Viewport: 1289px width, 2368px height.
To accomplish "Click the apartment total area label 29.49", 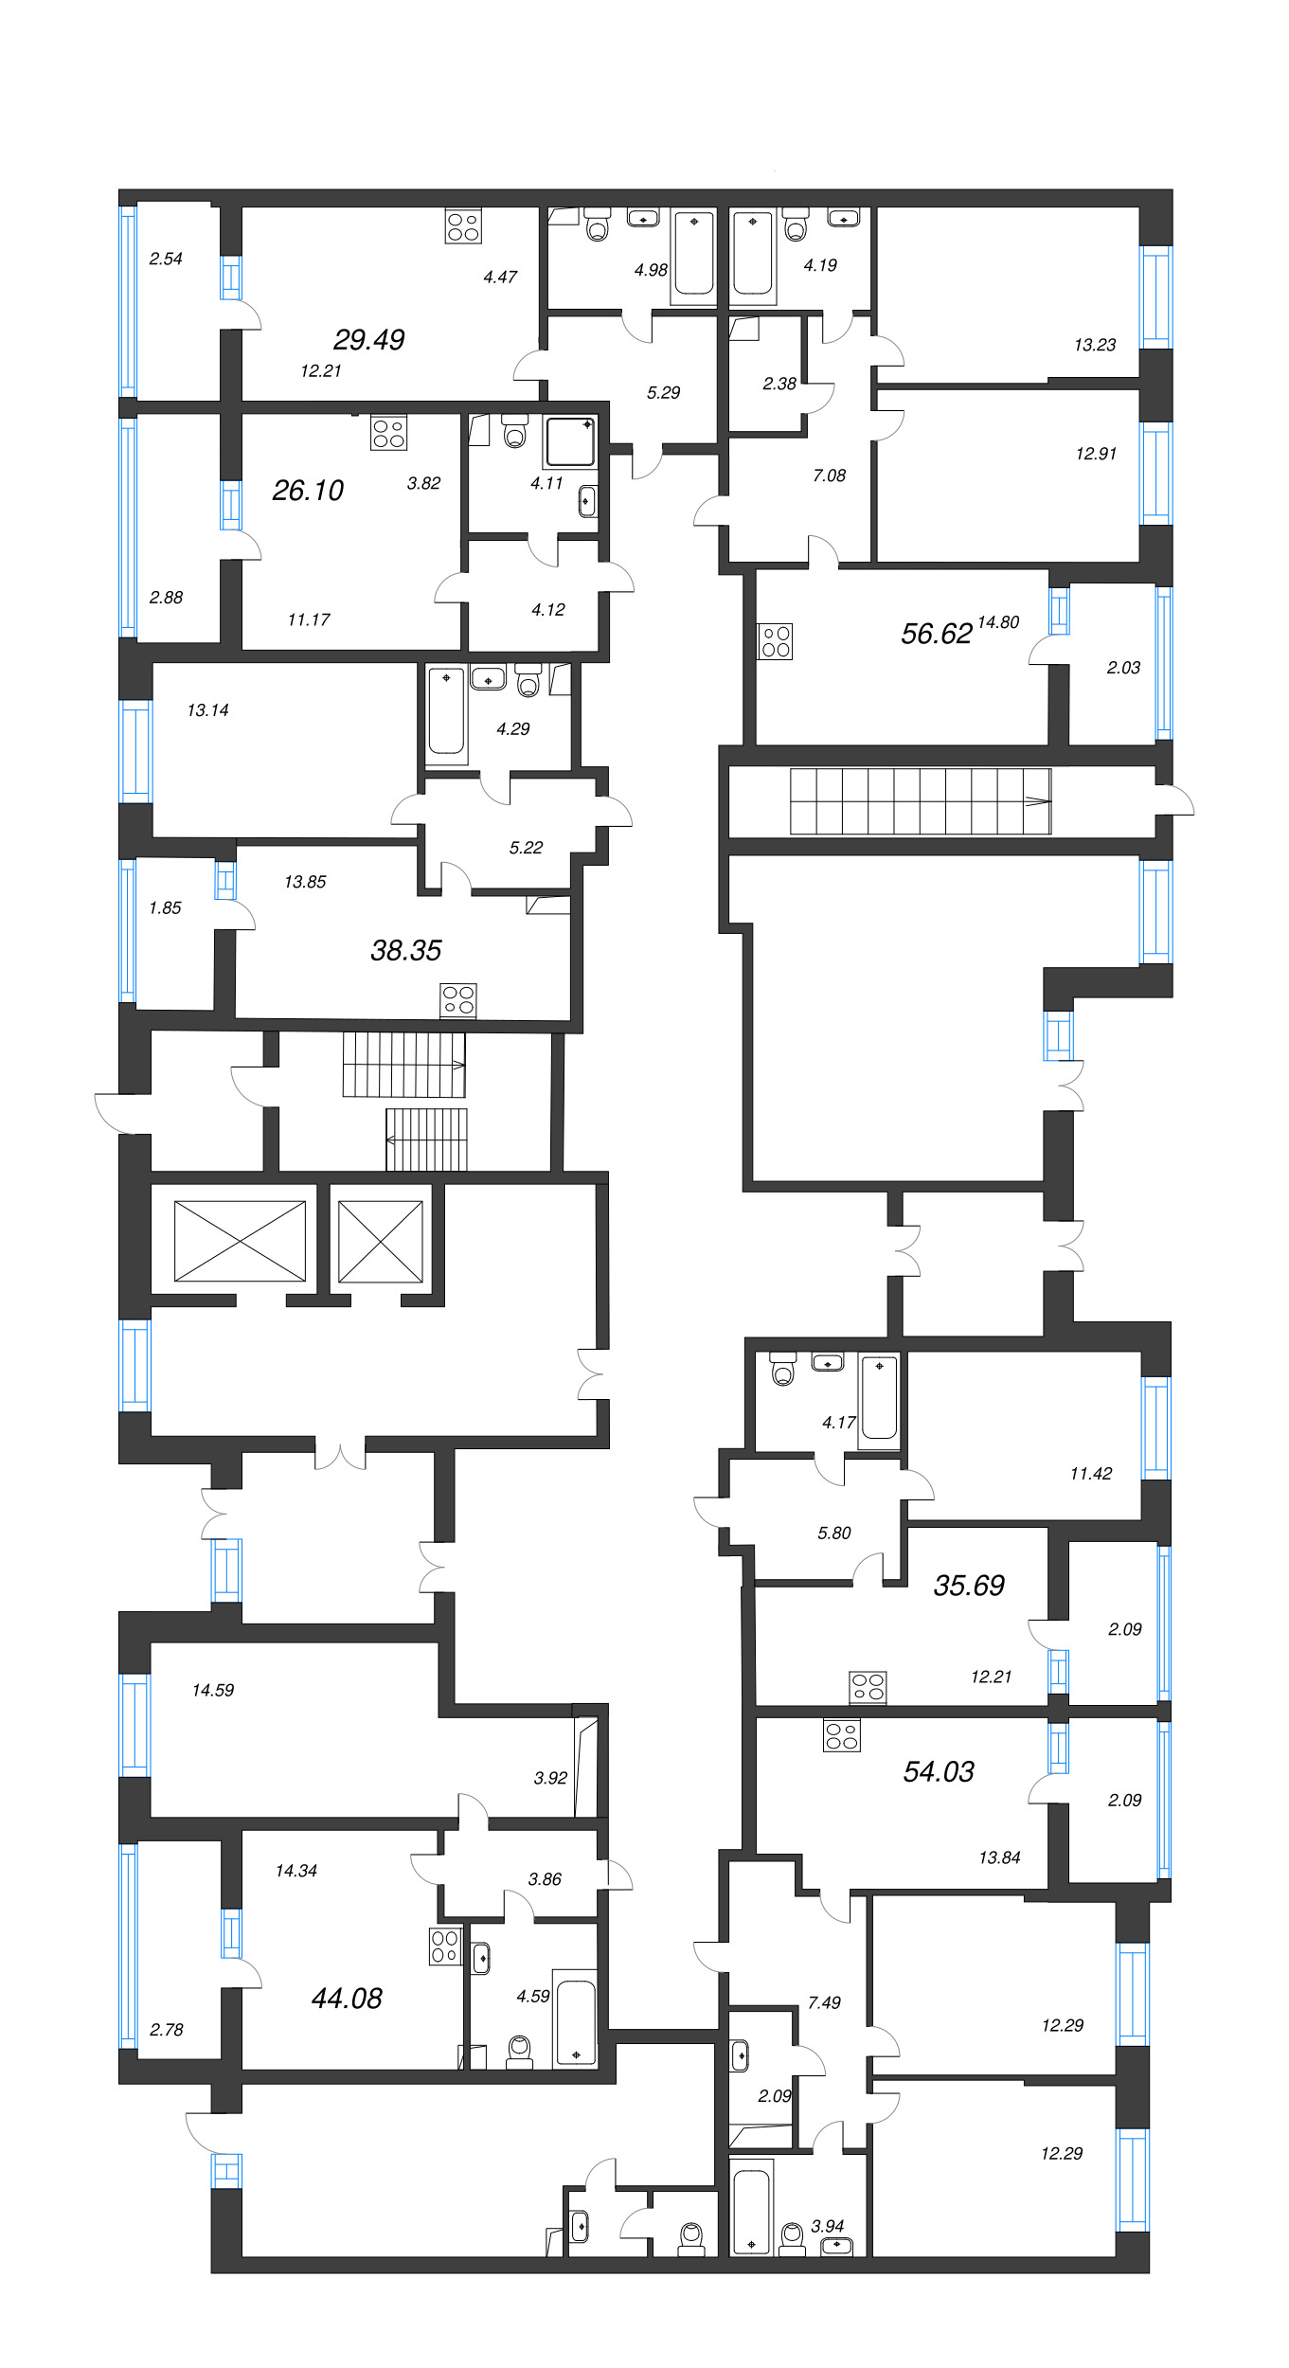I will point(368,339).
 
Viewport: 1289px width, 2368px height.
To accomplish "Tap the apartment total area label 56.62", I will point(936,634).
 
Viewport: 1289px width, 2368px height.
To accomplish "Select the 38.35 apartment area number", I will point(405,950).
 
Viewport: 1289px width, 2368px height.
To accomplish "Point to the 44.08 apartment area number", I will point(347,1999).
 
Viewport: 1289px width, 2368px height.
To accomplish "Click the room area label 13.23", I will point(1094,345).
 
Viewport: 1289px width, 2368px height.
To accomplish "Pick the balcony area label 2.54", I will point(166,259).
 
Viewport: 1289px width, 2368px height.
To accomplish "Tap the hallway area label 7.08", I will point(829,475).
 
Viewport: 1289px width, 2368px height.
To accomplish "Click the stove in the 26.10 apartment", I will point(388,433).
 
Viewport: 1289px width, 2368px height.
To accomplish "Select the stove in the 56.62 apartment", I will point(775,641).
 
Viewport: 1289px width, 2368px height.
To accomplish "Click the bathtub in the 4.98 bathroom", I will point(694,255).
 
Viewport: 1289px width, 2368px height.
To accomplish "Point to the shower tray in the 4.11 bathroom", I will point(570,442).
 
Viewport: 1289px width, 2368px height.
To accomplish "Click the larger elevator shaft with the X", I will point(240,1241).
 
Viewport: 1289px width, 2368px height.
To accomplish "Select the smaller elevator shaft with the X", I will point(380,1241).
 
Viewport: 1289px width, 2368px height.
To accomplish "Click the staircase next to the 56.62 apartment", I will point(920,801).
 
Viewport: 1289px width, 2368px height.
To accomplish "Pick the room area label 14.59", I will point(212,1690).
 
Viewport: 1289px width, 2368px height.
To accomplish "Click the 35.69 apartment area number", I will point(968,1586).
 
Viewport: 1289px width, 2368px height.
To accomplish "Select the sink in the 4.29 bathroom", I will point(488,679).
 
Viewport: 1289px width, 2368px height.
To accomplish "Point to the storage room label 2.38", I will point(779,384).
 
